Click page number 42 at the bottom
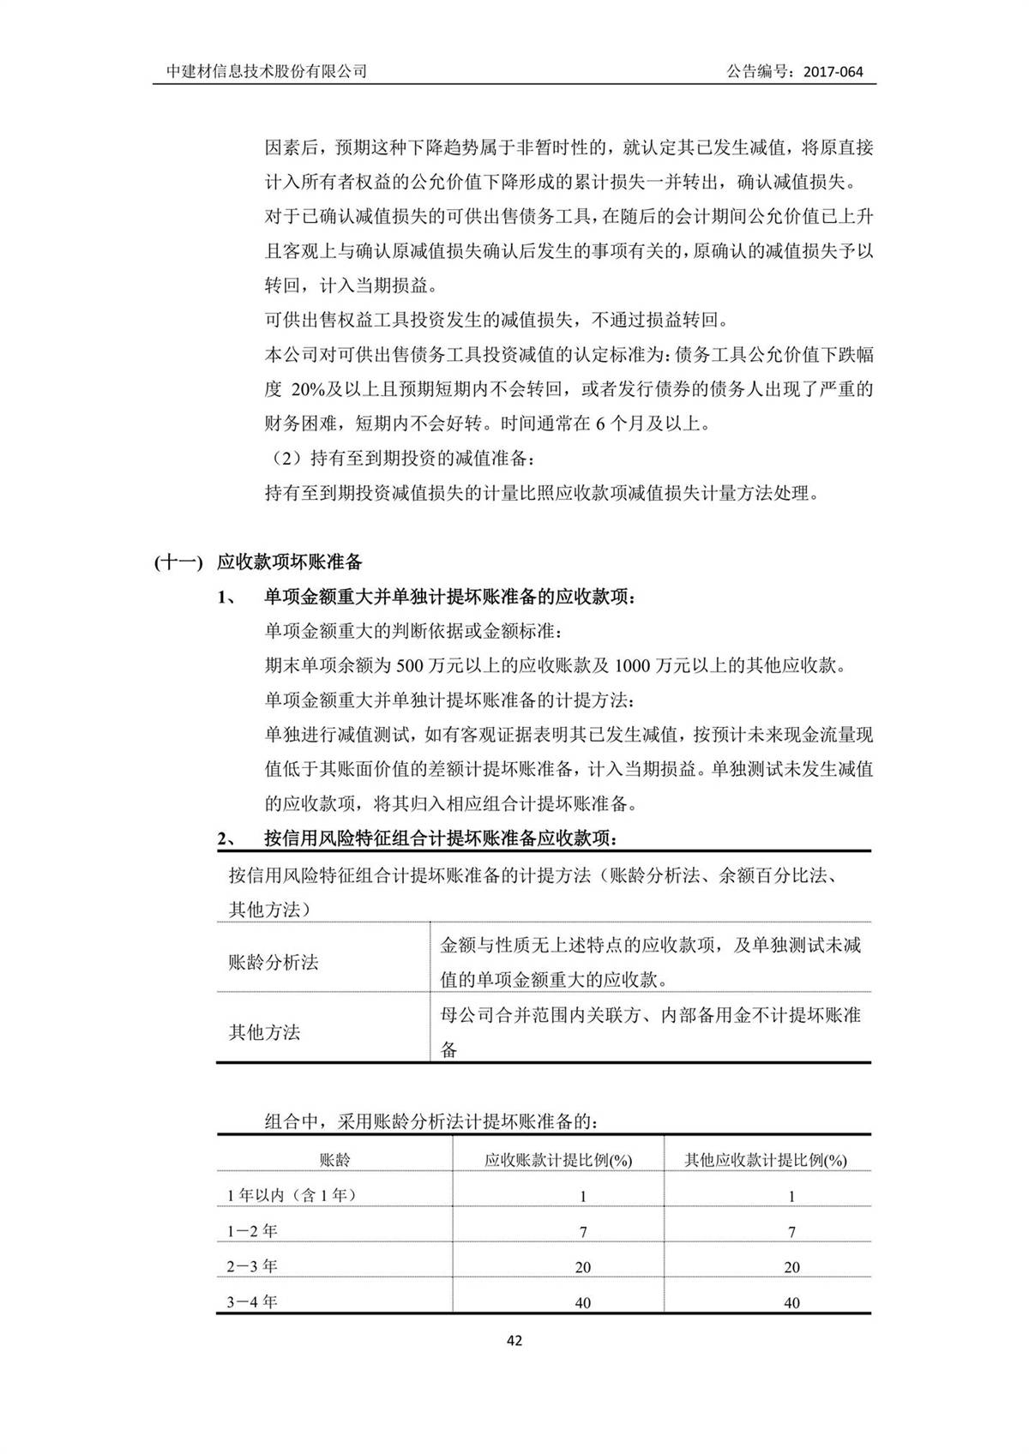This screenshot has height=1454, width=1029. click(514, 1341)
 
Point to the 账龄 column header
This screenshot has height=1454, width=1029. click(334, 1160)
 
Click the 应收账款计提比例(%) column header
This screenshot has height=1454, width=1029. click(558, 1160)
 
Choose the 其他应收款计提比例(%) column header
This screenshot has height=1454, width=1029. click(766, 1160)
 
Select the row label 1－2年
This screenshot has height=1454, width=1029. click(252, 1231)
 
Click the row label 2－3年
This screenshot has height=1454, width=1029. click(252, 1266)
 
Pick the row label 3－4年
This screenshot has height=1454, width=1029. click(252, 1301)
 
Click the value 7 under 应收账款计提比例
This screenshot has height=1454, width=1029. click(583, 1232)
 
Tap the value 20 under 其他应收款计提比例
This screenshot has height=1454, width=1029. click(791, 1267)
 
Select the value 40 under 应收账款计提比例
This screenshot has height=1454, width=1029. click(583, 1303)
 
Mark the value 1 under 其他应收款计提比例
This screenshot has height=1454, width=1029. click(791, 1196)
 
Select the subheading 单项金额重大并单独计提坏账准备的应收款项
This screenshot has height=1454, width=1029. click(450, 597)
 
